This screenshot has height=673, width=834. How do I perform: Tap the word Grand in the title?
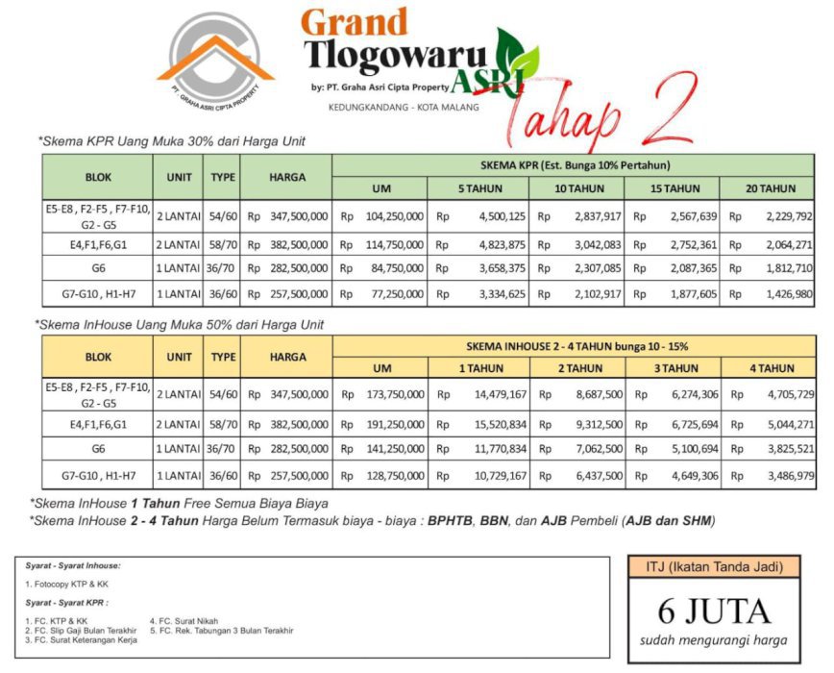coord(354,22)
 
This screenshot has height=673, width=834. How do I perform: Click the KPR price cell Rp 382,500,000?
coord(288,244)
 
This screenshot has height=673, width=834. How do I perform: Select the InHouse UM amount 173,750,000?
coord(390,394)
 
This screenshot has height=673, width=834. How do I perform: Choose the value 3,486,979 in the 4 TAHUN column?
coord(788,475)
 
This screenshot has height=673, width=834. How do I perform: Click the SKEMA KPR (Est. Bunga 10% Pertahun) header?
coord(575,164)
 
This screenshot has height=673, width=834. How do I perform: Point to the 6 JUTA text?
coord(713,611)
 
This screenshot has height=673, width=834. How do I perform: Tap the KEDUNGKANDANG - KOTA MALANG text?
coord(416,107)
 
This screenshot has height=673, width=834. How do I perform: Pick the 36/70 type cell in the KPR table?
coord(223,268)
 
